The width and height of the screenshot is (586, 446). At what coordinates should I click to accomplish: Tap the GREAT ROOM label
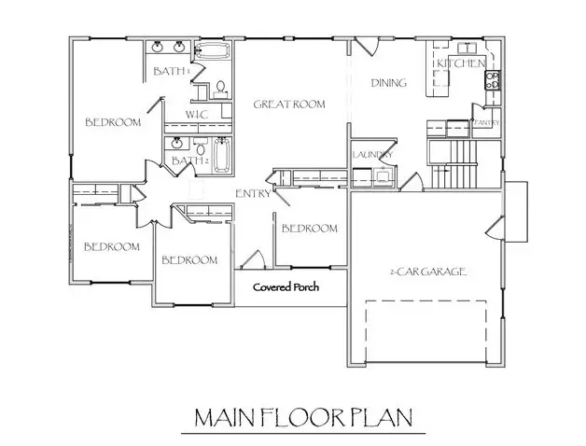(x=289, y=105)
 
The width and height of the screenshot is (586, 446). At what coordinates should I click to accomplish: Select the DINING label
(x=388, y=83)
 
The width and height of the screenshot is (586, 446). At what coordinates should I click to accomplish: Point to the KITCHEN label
(x=459, y=63)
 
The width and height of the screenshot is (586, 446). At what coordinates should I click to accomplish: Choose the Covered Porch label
(x=286, y=287)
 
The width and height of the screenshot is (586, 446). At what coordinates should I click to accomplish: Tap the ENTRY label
(x=253, y=194)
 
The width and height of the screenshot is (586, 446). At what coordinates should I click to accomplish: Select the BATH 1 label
(x=172, y=71)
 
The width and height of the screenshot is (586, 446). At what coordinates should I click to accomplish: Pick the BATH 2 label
(x=188, y=160)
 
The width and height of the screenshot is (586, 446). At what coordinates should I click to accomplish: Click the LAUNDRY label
(x=371, y=155)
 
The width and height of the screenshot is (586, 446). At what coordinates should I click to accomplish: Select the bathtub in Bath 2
(x=221, y=155)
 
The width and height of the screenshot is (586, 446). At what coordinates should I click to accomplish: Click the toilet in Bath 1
(x=220, y=89)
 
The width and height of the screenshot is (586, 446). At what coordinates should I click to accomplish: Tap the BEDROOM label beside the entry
(x=309, y=229)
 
